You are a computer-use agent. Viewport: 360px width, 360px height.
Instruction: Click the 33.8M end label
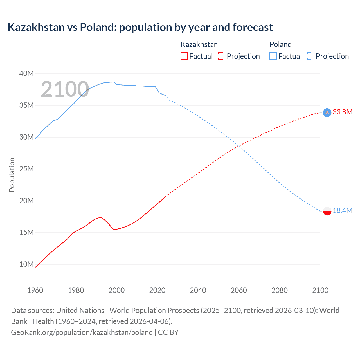342,112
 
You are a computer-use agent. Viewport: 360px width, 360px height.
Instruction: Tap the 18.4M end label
342,210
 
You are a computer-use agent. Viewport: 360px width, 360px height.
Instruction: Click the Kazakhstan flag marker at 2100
327,112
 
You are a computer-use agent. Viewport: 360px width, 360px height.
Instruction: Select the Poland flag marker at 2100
327,211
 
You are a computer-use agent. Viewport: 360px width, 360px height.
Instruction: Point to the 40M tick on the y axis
26,73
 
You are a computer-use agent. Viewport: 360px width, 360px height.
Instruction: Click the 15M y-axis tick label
26,232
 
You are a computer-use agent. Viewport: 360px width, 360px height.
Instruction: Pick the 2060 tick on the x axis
239,290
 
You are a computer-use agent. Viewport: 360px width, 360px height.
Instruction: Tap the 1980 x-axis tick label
76,290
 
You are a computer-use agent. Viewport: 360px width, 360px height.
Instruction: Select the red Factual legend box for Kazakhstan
184,56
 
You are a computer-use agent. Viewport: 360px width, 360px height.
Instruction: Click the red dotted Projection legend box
222,56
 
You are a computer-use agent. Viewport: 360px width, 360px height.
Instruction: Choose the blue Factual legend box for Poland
273,56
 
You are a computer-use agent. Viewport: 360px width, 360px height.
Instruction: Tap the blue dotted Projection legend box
311,56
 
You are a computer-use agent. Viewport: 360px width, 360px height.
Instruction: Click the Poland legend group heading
280,44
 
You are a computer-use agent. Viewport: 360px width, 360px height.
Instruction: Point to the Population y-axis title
12,175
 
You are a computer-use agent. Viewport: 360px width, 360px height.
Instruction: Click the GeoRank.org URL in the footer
82,332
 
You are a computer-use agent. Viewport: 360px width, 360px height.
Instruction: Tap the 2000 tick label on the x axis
116,290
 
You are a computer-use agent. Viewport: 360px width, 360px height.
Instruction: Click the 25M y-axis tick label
26,169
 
